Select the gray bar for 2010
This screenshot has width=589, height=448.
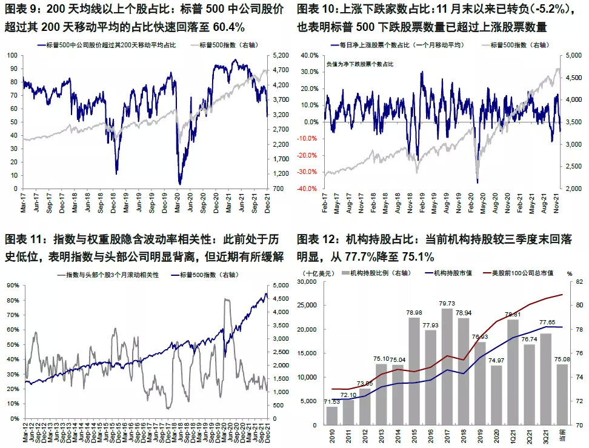[332, 415]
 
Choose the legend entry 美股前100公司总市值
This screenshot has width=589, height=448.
[520, 273]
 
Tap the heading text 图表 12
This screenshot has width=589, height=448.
[313, 239]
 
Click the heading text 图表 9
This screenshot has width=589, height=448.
[19, 10]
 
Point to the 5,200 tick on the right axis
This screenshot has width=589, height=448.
[276, 55]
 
